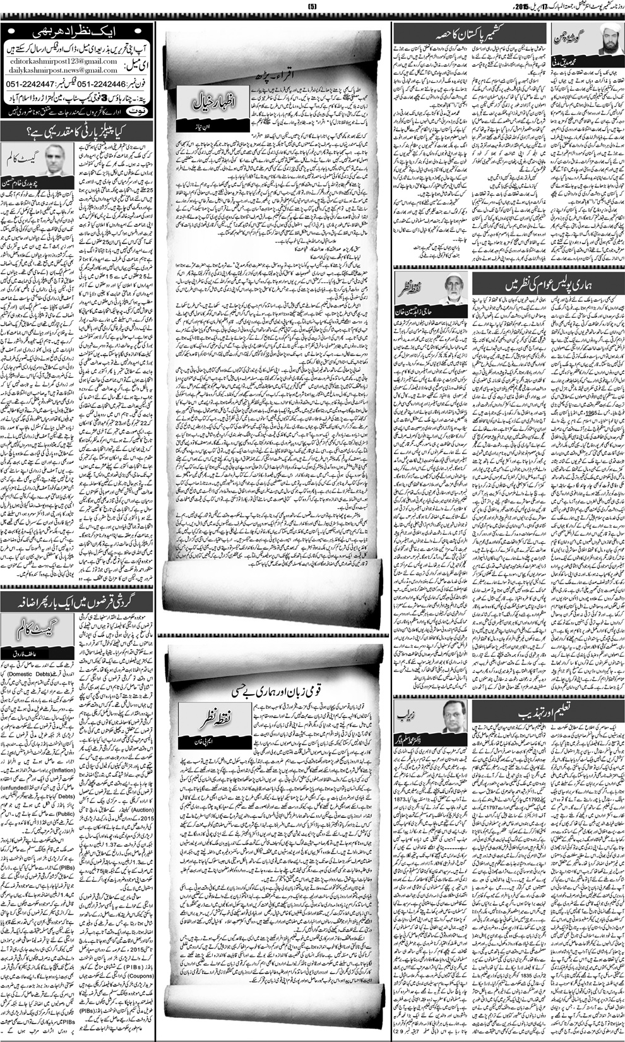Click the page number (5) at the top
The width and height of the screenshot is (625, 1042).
coord(312,6)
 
